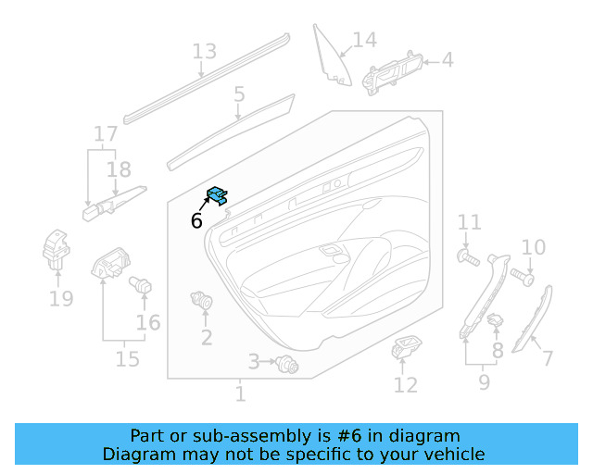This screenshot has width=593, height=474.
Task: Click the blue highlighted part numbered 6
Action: click(x=218, y=194)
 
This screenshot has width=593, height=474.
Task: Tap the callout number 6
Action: click(x=196, y=220)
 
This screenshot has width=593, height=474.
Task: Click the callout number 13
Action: click(x=204, y=52)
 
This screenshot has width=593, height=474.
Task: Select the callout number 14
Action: click(x=365, y=40)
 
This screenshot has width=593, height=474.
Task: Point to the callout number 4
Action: click(x=448, y=60)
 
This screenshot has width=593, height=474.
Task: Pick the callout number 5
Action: click(x=239, y=94)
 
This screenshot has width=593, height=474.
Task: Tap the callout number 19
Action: click(x=61, y=298)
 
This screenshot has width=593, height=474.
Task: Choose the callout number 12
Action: click(x=406, y=384)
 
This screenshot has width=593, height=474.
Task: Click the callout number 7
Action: click(x=547, y=358)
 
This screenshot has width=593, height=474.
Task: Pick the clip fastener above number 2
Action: click(x=200, y=301)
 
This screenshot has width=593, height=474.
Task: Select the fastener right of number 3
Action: click(x=287, y=367)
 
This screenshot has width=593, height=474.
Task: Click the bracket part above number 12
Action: click(x=406, y=350)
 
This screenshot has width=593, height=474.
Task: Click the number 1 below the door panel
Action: click(x=240, y=394)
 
